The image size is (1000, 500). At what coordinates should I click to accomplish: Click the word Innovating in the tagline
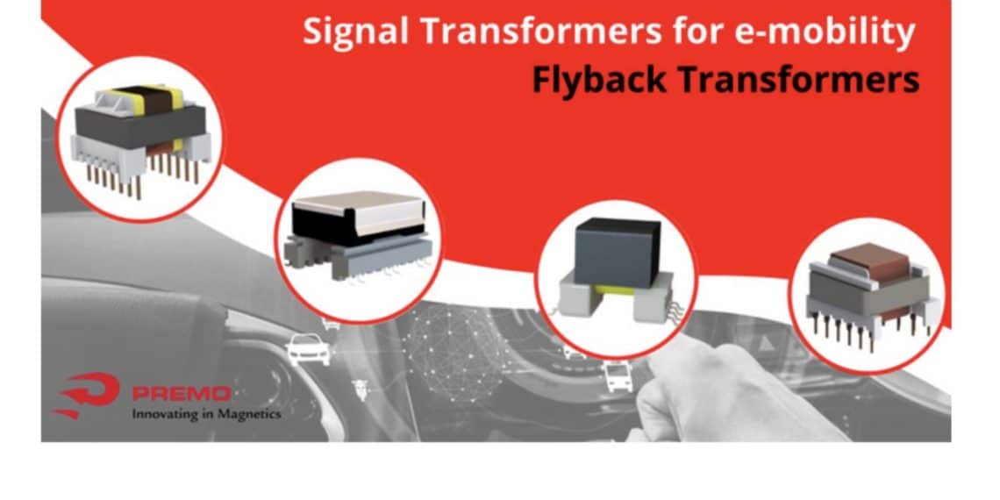coord(167,413)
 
